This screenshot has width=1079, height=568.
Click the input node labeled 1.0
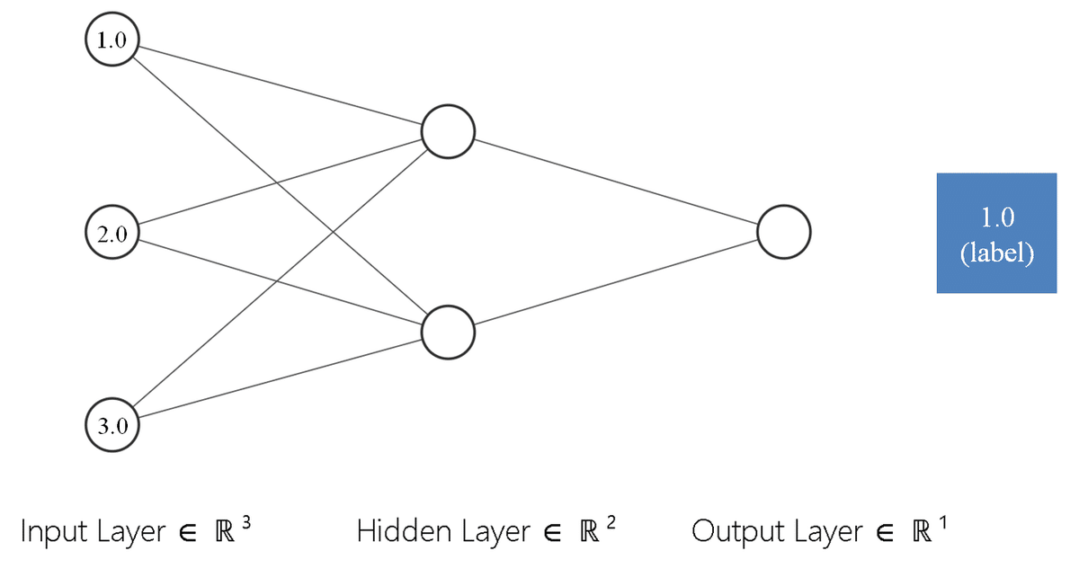point(111,41)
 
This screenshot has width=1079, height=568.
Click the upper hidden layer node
point(448,132)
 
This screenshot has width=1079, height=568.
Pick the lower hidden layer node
point(448,332)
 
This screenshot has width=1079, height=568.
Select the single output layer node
point(784,232)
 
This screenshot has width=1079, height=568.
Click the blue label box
point(996,233)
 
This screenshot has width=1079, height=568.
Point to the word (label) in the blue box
point(996,253)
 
